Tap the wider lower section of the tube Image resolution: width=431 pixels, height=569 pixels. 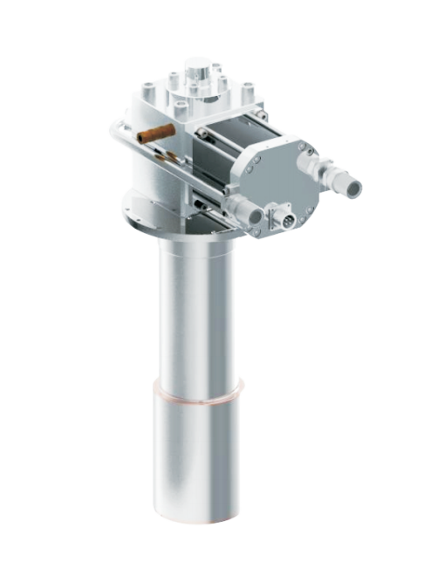point(196,454)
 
